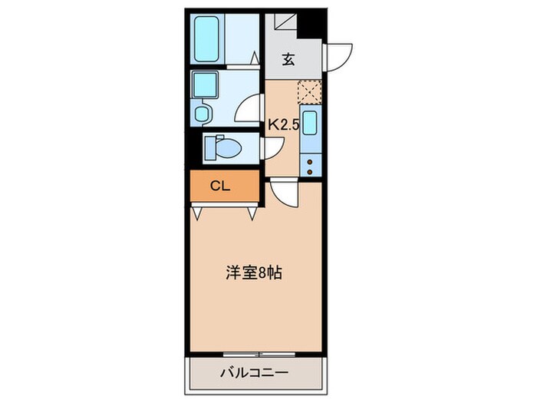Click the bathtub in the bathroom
(x=206, y=37)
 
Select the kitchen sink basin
(x=310, y=123)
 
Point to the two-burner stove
(x=310, y=166)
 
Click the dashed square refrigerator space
(x=310, y=93)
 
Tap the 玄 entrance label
(x=288, y=60)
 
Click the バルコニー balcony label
(x=254, y=374)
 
